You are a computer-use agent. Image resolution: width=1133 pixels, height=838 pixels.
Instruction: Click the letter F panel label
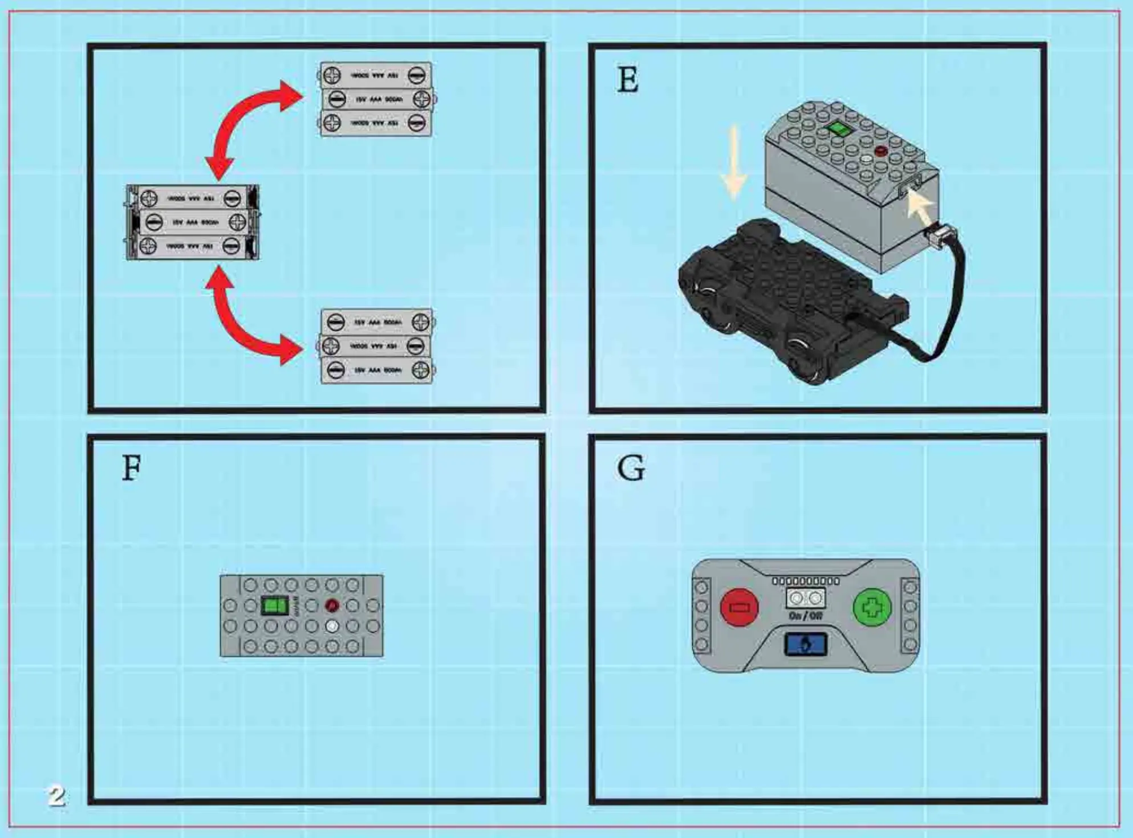click(132, 469)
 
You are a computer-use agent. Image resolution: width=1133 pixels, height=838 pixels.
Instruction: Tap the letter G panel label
click(631, 469)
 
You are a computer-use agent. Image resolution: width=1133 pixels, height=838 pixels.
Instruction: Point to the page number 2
click(56, 796)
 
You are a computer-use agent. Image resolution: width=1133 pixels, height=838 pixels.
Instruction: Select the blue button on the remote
click(805, 645)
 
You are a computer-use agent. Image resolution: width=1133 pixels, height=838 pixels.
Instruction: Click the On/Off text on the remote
click(805, 616)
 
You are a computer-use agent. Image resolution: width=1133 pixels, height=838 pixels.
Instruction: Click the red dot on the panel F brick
click(332, 605)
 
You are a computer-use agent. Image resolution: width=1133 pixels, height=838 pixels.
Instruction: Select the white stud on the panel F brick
click(332, 627)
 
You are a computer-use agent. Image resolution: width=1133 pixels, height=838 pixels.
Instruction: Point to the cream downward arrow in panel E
click(734, 162)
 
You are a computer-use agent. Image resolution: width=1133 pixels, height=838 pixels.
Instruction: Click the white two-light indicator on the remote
click(805, 598)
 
